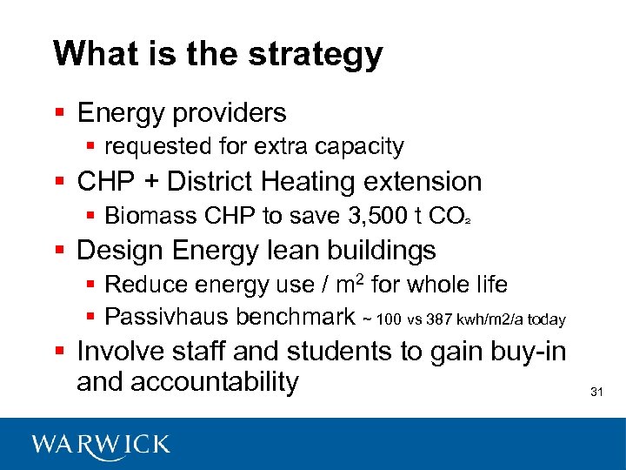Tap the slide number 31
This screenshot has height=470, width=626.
click(596, 392)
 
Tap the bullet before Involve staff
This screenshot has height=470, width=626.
click(59, 351)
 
